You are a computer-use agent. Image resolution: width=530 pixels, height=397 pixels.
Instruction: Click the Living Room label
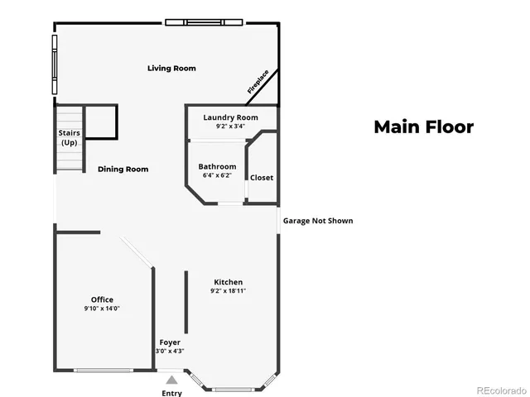click(171, 68)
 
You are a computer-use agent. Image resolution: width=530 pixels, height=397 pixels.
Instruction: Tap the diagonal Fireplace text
click(258, 84)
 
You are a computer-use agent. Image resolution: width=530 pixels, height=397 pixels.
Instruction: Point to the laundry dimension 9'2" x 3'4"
click(231, 127)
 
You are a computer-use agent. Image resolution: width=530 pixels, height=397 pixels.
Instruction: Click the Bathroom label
click(217, 166)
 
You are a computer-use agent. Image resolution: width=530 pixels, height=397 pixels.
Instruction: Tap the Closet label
click(262, 178)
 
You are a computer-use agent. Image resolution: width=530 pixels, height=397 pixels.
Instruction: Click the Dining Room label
click(123, 169)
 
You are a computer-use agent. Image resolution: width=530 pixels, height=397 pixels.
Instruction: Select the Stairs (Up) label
click(69, 137)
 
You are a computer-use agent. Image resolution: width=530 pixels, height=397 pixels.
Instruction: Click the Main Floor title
click(423, 127)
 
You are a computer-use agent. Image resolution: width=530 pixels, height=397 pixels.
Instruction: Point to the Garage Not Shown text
click(318, 221)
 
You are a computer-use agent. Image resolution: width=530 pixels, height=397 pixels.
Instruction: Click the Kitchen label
click(228, 281)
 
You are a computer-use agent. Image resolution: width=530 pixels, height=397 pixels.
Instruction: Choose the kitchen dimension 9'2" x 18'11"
click(228, 290)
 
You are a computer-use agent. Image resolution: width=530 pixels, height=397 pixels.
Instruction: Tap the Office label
click(103, 299)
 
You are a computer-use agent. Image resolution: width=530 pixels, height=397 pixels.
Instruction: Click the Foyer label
click(170, 342)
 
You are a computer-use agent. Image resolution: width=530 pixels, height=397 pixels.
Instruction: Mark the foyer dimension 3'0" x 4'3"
click(170, 351)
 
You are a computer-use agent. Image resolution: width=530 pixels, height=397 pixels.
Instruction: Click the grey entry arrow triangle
click(171, 380)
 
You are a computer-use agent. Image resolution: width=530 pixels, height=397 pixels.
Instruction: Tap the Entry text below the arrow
click(171, 393)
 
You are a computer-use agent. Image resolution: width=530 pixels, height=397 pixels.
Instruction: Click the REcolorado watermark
click(500, 390)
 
